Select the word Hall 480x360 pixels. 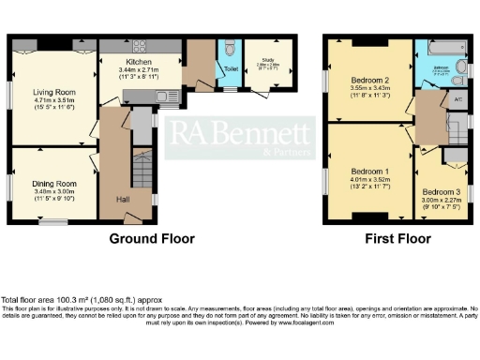click(123, 200)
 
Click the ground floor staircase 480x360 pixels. click(141, 169)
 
